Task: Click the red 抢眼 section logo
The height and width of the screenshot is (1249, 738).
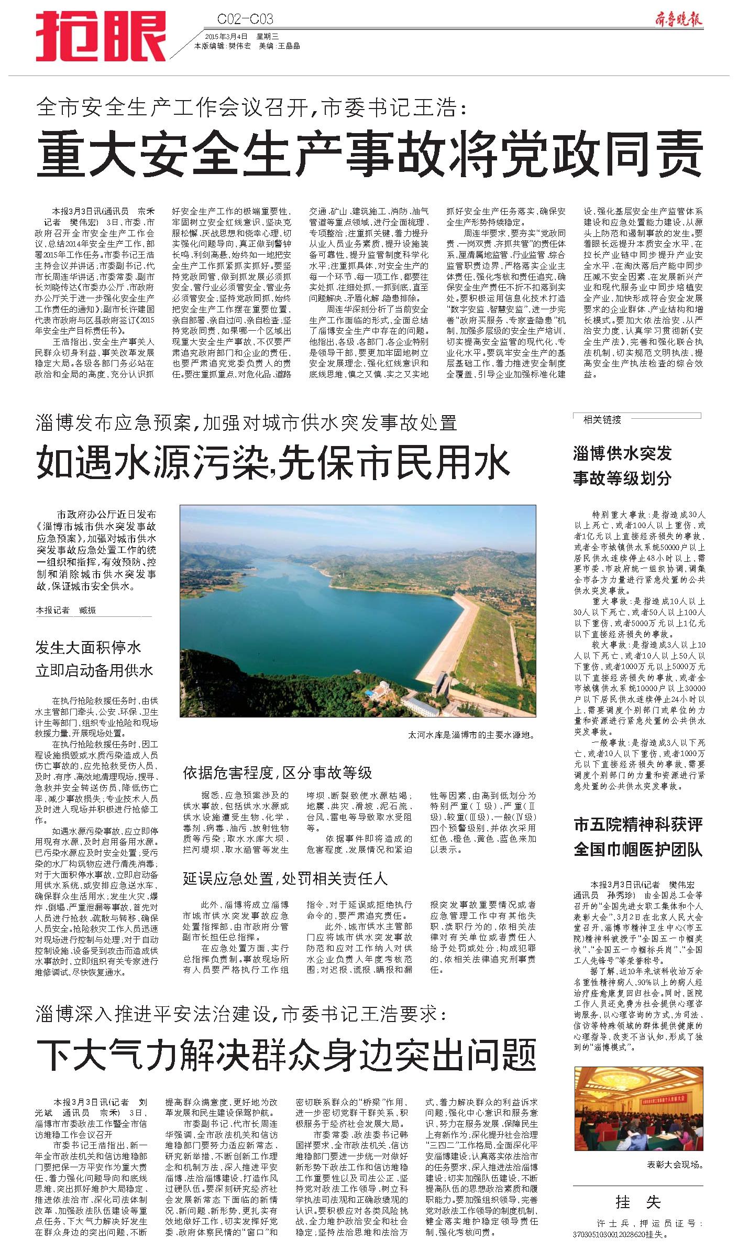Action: (101, 37)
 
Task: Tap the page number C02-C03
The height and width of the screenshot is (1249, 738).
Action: (245, 19)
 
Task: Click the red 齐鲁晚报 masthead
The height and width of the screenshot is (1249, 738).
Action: (678, 19)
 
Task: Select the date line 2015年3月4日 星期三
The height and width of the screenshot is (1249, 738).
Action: (241, 37)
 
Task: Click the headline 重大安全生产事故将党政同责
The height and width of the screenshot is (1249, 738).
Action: (369, 153)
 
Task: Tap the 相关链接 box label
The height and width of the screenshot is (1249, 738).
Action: (602, 419)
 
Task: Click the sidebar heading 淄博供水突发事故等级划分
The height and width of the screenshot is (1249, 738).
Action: (622, 465)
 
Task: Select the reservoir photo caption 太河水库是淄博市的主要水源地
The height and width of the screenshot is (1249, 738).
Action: (471, 735)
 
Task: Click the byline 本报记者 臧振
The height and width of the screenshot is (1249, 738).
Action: (66, 610)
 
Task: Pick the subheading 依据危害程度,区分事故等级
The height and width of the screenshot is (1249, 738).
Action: (277, 772)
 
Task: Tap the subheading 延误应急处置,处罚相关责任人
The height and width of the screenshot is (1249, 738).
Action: (285, 878)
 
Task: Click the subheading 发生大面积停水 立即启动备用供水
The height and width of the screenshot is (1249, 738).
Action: (94, 659)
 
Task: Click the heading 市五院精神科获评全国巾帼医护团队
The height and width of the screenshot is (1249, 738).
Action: (638, 837)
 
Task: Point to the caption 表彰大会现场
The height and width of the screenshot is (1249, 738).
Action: (675, 1165)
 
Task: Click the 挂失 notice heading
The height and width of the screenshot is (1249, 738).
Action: (637, 1202)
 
